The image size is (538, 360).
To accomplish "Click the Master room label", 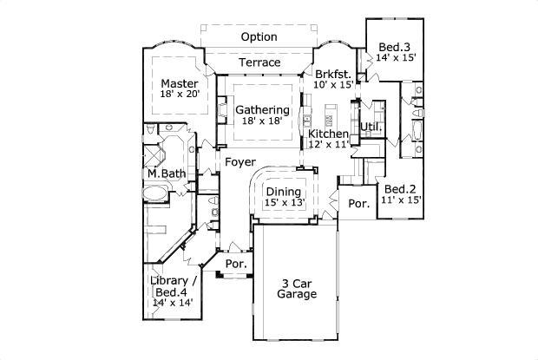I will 179,84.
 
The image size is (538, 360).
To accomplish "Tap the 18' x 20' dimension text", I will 180,96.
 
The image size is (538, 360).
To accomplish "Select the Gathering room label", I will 262,110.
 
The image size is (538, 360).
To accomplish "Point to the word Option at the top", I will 259,37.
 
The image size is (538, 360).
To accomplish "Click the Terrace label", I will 259,62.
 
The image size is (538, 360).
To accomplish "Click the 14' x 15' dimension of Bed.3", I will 396,58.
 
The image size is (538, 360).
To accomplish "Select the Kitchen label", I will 329,134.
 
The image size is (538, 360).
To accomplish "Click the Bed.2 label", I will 402,189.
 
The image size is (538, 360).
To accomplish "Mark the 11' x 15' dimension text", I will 402,201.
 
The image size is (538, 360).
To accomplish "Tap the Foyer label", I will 239,162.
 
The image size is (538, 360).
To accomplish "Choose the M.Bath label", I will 166,174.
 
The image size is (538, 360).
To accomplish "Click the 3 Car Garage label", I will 297,288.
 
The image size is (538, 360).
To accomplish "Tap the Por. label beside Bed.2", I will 358,204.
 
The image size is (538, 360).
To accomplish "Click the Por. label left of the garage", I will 234,264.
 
